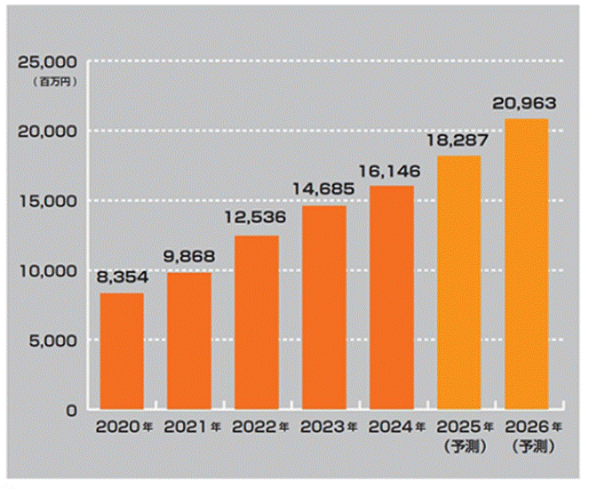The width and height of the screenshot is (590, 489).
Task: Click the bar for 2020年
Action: coord(122,351)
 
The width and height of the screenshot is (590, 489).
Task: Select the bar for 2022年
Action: coord(257,322)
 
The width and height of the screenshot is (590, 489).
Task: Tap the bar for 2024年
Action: coord(392,297)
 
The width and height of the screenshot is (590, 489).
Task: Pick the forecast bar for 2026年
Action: coord(527,264)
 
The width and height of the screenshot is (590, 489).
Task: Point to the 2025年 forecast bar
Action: coord(459,283)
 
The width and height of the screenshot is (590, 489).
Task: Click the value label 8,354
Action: coord(122,279)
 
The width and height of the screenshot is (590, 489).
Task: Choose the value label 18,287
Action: coord(459,140)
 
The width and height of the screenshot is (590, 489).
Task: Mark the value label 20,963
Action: coord(527,104)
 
